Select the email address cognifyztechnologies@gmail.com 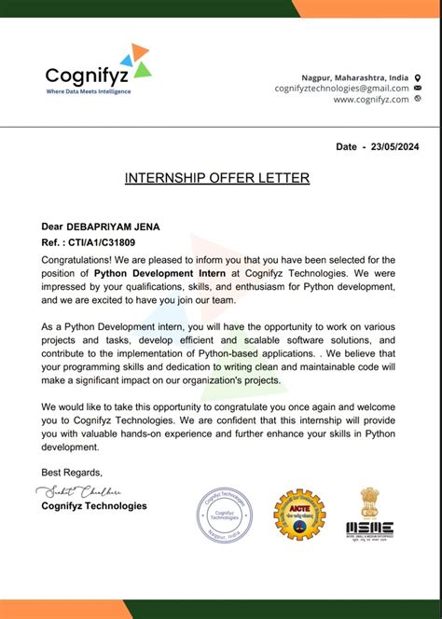coord(341,88)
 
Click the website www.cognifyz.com coord(370,99)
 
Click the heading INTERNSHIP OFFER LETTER coord(217,177)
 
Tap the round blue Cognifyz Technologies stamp coord(225,515)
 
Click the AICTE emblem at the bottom coord(298,516)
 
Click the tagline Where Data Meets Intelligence coord(89,91)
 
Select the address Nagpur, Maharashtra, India coord(354,76)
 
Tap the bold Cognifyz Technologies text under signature coord(94,506)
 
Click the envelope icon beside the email coord(417,88)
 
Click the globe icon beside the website coord(417,99)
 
